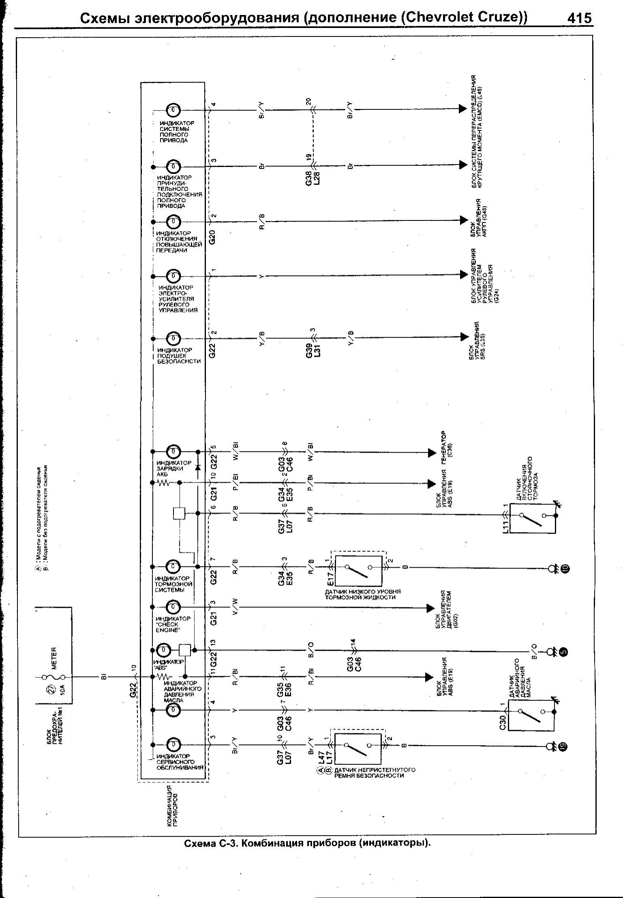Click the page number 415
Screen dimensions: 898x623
579,19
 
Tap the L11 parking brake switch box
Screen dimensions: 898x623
532,518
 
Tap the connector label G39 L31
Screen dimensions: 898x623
313,349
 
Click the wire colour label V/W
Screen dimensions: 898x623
235,607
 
